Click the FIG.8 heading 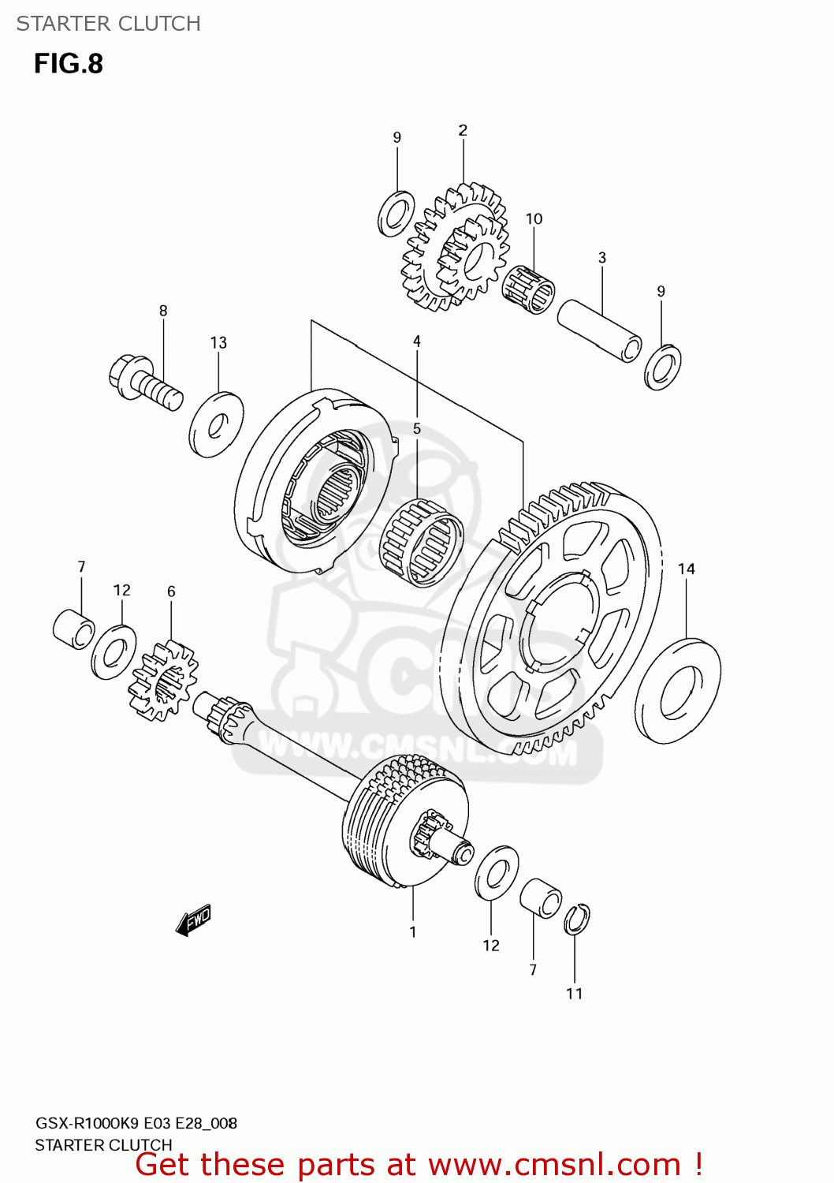[69, 63]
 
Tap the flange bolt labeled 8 [146, 383]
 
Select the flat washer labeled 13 [216, 424]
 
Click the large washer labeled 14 [678, 691]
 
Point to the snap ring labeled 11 [577, 919]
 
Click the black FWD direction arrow [193, 920]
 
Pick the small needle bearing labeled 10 [528, 289]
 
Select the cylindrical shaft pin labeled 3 [600, 330]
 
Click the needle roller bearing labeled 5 [421, 543]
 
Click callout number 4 [416, 341]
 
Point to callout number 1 [412, 932]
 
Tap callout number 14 [686, 569]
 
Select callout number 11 [574, 994]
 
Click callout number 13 [218, 342]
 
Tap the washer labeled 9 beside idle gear [397, 214]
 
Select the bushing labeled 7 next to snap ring [541, 898]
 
